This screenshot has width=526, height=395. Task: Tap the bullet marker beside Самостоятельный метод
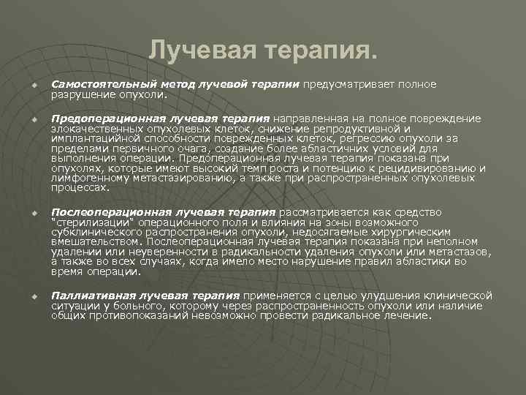(x=34, y=86)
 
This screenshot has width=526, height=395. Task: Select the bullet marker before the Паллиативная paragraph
(x=34, y=296)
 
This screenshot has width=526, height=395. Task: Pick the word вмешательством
(x=96, y=241)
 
